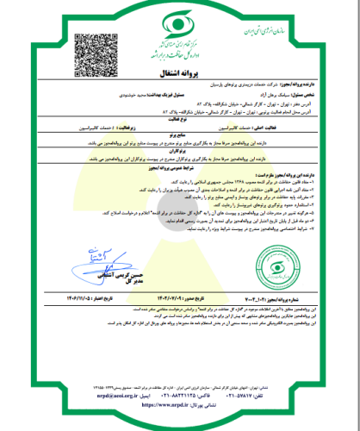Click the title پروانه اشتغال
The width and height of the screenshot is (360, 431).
tap(180, 74)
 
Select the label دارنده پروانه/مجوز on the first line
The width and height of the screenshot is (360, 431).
tap(294, 88)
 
